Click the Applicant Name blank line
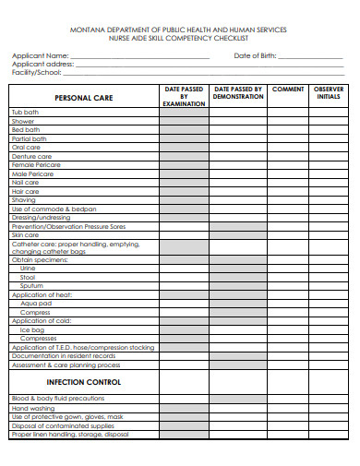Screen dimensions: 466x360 (140, 57)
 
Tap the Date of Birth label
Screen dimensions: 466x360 (254, 55)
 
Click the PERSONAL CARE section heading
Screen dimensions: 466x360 (83, 97)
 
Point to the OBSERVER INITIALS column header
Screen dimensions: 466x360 (329, 93)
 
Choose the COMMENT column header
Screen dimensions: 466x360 (288, 90)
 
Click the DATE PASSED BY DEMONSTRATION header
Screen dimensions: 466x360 (238, 93)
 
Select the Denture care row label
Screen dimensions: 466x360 (30, 156)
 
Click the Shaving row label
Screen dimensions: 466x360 (24, 199)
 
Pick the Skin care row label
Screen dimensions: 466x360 (26, 235)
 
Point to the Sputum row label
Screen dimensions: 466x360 (31, 286)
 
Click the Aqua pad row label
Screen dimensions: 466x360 (36, 303)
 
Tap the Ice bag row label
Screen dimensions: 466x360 (32, 329)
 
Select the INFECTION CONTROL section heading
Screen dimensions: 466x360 (83, 382)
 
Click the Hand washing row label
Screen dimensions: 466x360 (32, 407)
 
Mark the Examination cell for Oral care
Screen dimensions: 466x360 (184, 148)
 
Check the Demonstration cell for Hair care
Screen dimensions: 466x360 (238, 191)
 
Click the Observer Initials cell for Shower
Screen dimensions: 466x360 (329, 121)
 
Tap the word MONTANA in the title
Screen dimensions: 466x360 (86, 30)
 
